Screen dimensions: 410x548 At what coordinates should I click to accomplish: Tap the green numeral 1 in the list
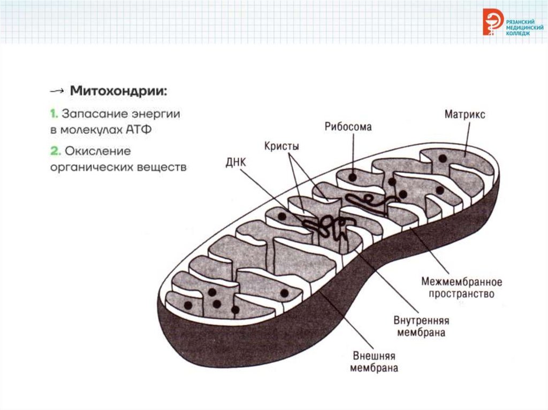[54, 114]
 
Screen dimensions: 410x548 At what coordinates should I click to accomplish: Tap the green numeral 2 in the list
[54, 151]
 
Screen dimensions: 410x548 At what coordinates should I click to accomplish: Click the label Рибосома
[348, 127]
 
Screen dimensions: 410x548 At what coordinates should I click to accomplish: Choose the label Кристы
[281, 145]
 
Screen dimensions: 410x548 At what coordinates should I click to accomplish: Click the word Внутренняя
[421, 321]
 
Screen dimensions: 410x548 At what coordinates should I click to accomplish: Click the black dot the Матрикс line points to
[443, 158]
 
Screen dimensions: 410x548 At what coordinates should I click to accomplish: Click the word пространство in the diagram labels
[461, 294]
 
